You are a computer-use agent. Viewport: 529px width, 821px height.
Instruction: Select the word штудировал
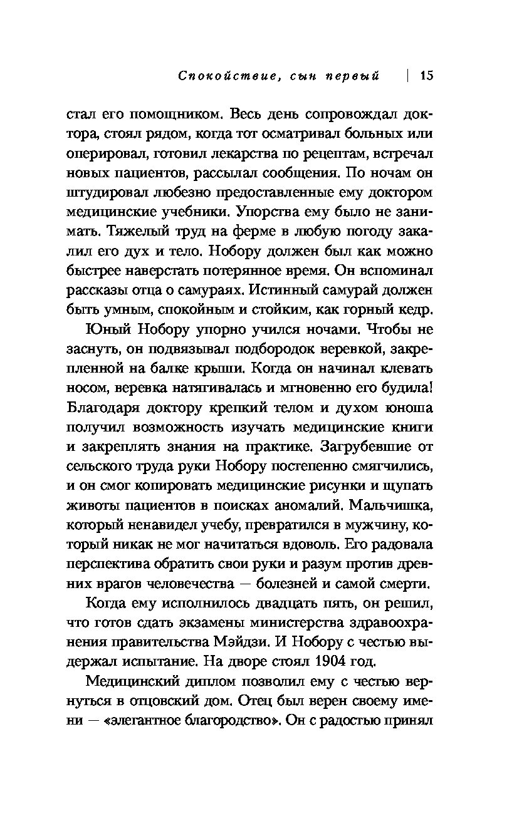[x=102, y=193]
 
